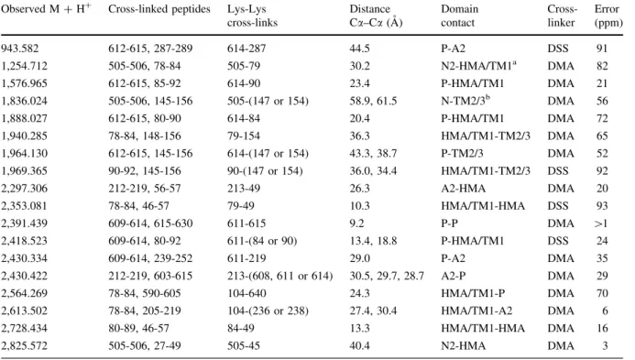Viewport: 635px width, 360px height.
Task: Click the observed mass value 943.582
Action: [x=20, y=49]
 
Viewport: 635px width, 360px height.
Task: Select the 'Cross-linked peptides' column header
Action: [x=159, y=9]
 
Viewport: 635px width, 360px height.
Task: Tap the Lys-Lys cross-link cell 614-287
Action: [x=246, y=49]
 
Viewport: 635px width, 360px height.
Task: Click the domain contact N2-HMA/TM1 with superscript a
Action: [x=478, y=66]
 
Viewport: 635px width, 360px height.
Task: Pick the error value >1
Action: [x=601, y=224]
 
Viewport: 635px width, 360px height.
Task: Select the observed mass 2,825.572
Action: [x=25, y=346]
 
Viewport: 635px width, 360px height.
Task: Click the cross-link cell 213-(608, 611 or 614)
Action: [x=279, y=276]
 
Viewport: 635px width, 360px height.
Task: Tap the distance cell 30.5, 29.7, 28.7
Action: [x=387, y=276]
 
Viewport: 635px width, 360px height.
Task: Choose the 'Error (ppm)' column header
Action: [x=608, y=16]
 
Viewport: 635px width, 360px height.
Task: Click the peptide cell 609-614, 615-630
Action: [x=150, y=224]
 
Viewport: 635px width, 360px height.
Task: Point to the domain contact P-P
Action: [x=450, y=224]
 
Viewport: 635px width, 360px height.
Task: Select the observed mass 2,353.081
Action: [x=25, y=206]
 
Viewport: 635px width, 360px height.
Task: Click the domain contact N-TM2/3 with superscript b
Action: [x=465, y=101]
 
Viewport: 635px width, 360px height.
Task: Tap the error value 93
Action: [x=602, y=206]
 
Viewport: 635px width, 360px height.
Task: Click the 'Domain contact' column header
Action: [x=460, y=16]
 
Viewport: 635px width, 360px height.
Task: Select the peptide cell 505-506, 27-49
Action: [x=145, y=346]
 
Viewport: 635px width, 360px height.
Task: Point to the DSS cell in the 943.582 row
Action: [x=558, y=49]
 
